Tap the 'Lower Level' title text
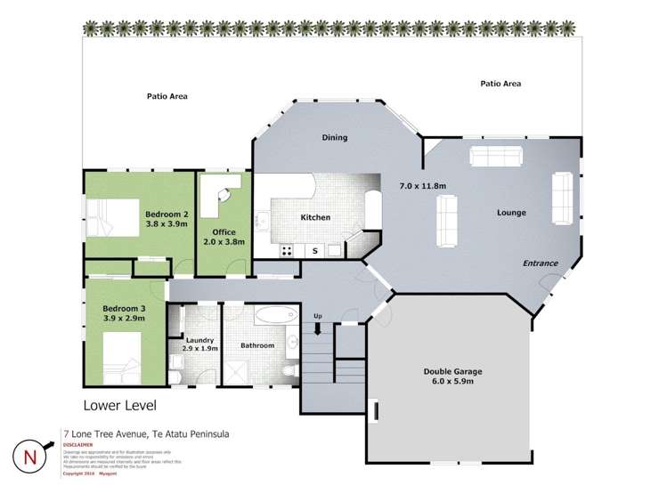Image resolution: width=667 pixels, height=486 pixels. click(119, 405)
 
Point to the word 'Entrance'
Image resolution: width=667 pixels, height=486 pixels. click(540, 263)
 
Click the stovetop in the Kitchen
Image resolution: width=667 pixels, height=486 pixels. click(289, 251)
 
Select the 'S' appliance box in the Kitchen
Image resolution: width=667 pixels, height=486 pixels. click(314, 251)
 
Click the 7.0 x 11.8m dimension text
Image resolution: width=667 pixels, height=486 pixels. click(422, 185)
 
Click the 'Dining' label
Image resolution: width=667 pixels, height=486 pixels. click(334, 138)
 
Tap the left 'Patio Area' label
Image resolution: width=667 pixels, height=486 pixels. click(167, 96)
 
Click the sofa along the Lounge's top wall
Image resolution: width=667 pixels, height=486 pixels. click(495, 158)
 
